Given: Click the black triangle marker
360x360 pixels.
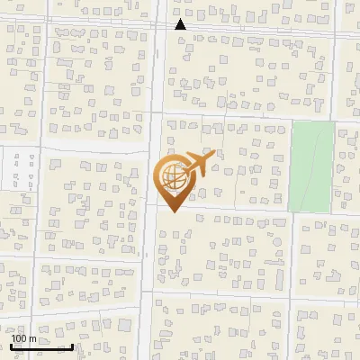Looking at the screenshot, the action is coord(180,24).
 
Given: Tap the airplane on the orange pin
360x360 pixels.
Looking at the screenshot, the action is coord(195,165).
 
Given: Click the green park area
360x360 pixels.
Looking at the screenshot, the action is coord(310,166).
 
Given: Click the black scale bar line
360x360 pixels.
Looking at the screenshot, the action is coord(41,346).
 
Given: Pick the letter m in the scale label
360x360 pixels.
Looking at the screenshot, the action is coord(32,338).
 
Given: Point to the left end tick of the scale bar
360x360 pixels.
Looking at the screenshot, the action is coord(12,345).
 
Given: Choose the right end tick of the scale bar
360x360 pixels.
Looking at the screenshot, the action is coord(72,345).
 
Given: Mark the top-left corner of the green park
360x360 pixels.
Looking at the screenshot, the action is coord(291,123).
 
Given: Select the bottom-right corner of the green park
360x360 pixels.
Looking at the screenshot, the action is coord(333,211).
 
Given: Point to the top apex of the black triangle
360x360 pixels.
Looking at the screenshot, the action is coord(180,19).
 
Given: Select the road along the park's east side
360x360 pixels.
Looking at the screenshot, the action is coord(336,166).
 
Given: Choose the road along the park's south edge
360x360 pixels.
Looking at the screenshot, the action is coord(310,214).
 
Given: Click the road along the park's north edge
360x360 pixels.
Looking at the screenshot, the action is coord(310,120).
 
